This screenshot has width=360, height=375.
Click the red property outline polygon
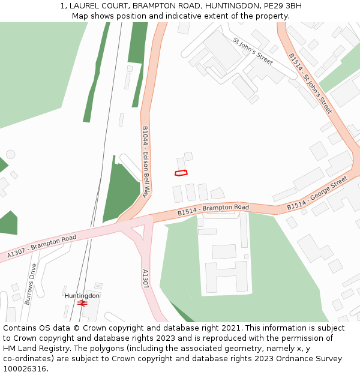coord(181,173)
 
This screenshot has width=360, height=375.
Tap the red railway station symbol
coord(82,304)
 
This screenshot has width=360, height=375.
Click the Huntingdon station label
coord(82,296)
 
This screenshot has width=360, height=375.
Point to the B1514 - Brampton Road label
coord(213,210)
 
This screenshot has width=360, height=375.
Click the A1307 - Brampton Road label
coord(42,247)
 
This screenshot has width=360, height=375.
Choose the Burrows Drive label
coord(29,284)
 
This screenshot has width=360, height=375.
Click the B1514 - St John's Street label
coord(310,83)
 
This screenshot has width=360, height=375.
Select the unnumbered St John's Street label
coord(253,51)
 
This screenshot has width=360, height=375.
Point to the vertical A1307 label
coord(145,278)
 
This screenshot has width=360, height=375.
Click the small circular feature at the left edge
coord(10,154)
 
